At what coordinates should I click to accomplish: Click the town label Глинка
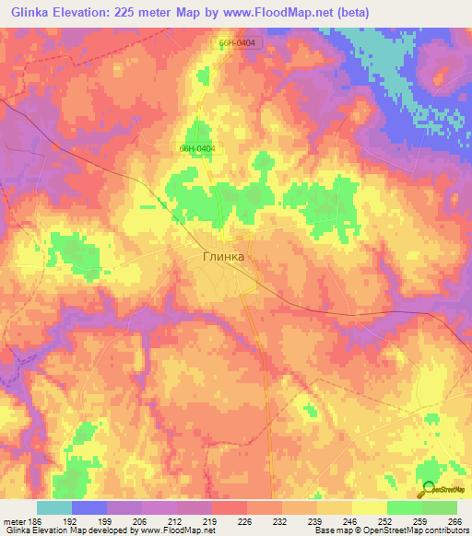[x=223, y=257]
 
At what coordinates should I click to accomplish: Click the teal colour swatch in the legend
[x=53, y=507]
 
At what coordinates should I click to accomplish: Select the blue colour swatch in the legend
[x=88, y=507]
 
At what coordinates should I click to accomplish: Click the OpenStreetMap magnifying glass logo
[x=428, y=491]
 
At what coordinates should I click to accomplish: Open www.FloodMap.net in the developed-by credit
[x=175, y=530]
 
